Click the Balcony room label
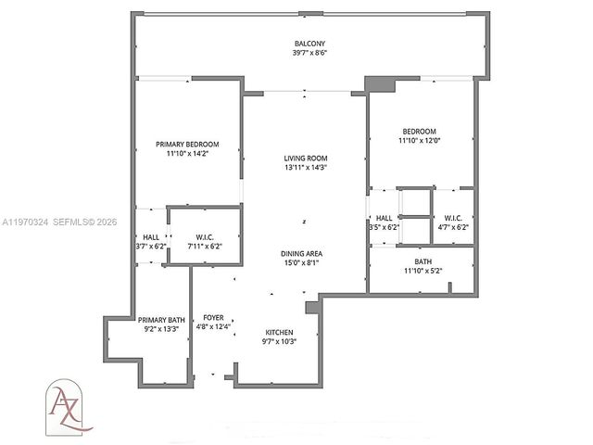310,44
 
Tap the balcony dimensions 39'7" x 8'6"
310,53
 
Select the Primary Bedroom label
187,144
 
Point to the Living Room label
305,159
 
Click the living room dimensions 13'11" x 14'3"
305,168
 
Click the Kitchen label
279,332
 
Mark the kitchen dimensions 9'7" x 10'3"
279,341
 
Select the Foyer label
214,318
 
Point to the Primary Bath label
162,320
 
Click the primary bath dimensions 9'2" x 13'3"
162,329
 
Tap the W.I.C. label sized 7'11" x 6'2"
206,236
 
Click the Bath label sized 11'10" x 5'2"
423,262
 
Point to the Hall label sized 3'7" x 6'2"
151,236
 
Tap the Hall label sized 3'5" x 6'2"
383,218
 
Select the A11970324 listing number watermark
30,223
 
